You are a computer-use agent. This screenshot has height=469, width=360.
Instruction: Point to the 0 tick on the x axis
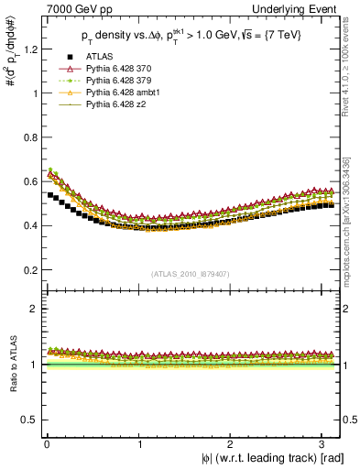click(x=46, y=444)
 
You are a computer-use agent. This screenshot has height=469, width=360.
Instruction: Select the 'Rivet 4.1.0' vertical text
click(x=353, y=64)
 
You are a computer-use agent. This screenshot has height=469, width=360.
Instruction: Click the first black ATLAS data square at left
click(x=50, y=195)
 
